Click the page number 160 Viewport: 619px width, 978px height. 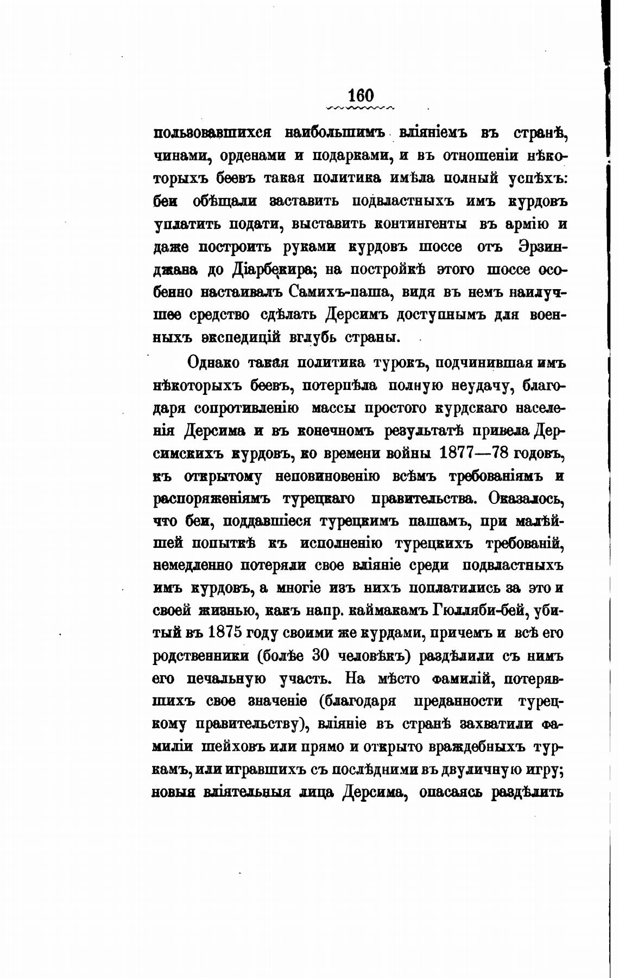(x=361, y=95)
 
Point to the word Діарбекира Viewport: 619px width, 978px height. (x=264, y=269)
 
